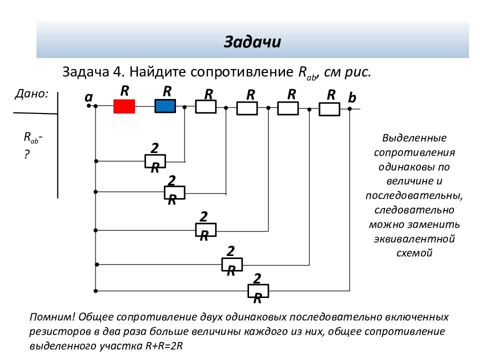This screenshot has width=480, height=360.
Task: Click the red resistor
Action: [x=124, y=106]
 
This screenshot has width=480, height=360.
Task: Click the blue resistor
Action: [x=165, y=106]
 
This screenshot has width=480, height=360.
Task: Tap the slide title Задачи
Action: [x=252, y=41]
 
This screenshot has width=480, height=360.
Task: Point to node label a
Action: [x=88, y=97]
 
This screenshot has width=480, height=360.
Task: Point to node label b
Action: [x=352, y=97]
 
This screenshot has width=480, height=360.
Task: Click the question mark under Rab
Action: [x=27, y=154]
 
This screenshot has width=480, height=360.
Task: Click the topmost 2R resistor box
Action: [x=155, y=161]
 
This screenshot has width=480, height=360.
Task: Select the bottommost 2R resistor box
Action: [x=258, y=291]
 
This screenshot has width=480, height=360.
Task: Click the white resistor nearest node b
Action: [x=329, y=109]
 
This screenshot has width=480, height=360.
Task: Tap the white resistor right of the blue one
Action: [x=205, y=107]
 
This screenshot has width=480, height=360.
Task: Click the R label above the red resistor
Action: [x=124, y=90]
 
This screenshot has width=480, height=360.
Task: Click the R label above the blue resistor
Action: [x=167, y=91]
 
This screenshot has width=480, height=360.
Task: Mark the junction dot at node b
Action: [x=349, y=108]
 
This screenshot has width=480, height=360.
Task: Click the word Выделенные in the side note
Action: [x=414, y=138]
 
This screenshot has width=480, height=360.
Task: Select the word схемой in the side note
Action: [x=414, y=253]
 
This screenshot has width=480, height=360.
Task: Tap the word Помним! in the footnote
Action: [x=52, y=317]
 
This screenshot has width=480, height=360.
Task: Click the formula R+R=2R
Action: [x=164, y=346]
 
